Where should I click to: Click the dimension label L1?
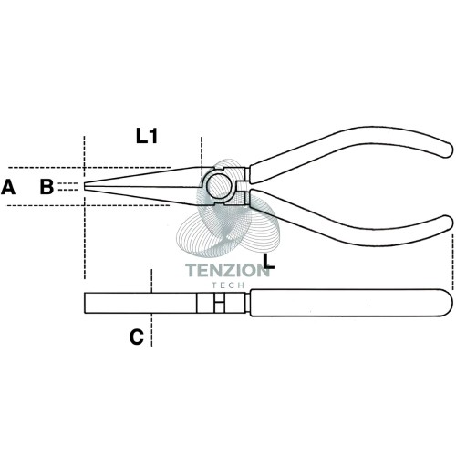tap(147, 136)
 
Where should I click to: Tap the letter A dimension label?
tap(8, 187)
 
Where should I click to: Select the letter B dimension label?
tap(47, 187)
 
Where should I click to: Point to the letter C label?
tap(137, 337)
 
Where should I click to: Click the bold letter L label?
tap(268, 262)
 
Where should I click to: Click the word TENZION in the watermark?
tap(227, 270)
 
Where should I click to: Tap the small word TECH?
tap(228, 285)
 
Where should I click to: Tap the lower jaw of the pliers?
tap(143, 195)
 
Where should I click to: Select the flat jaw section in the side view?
tap(140, 303)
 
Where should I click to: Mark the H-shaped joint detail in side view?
tap(219, 303)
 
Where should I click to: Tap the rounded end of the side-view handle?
tap(447, 303)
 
